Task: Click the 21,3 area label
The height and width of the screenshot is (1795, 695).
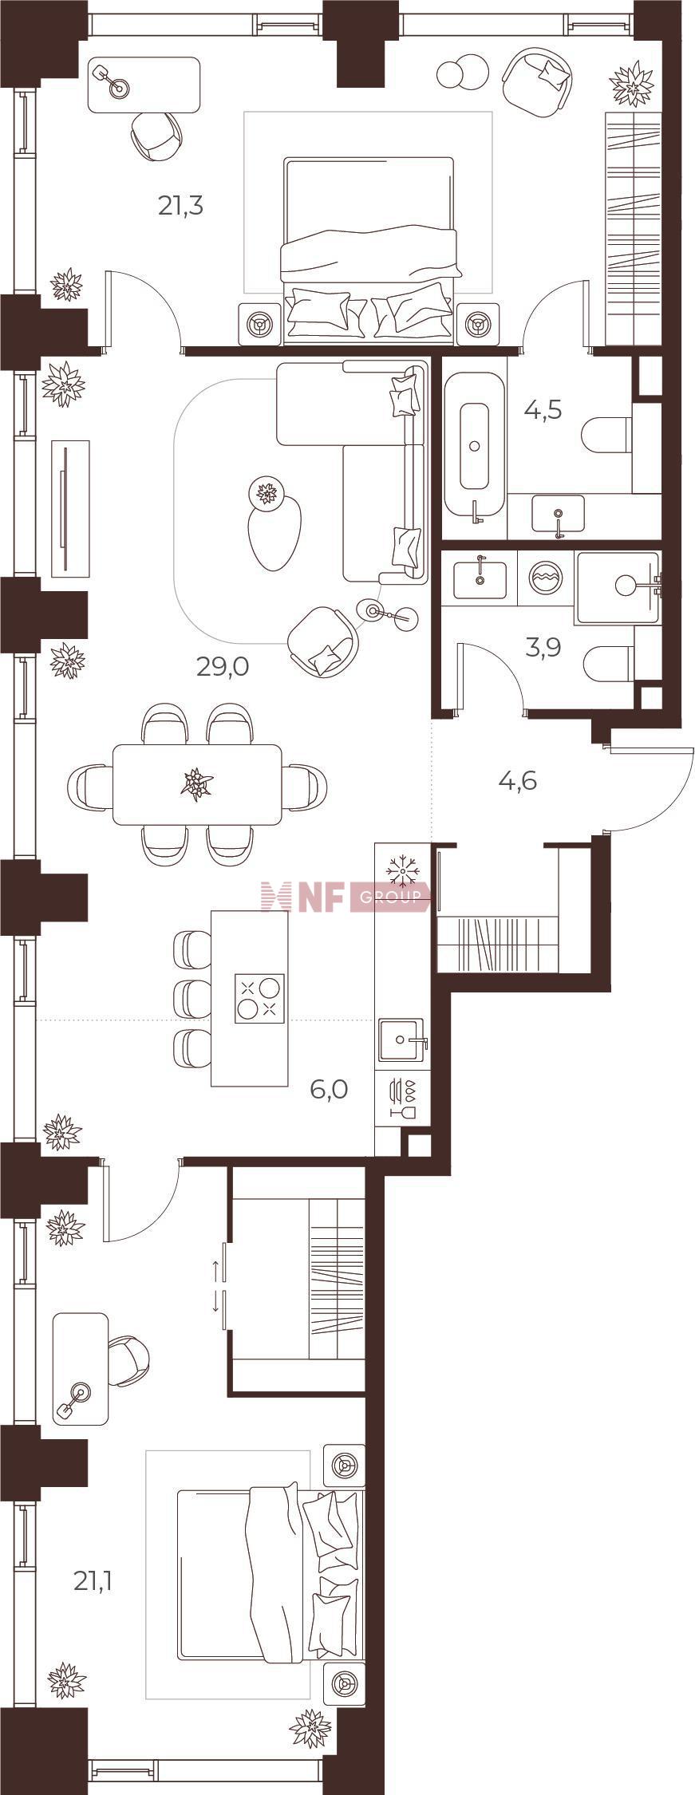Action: tap(180, 207)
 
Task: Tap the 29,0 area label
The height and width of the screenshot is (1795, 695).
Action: tap(223, 666)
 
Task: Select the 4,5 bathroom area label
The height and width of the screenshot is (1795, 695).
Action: tap(543, 410)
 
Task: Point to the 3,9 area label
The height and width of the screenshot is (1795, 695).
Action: tap(543, 647)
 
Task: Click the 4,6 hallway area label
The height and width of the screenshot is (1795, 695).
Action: tap(517, 780)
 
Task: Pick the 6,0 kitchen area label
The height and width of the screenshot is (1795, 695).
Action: tap(329, 1089)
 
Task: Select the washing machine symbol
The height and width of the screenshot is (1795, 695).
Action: tap(546, 575)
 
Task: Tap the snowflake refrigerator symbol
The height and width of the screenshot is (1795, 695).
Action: tap(402, 870)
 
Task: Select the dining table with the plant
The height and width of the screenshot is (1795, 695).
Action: tap(197, 784)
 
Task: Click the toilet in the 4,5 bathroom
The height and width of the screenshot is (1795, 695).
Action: tap(608, 436)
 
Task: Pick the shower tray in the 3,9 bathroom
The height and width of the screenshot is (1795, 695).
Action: tap(618, 588)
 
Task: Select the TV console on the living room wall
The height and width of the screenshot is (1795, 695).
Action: tap(70, 508)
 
